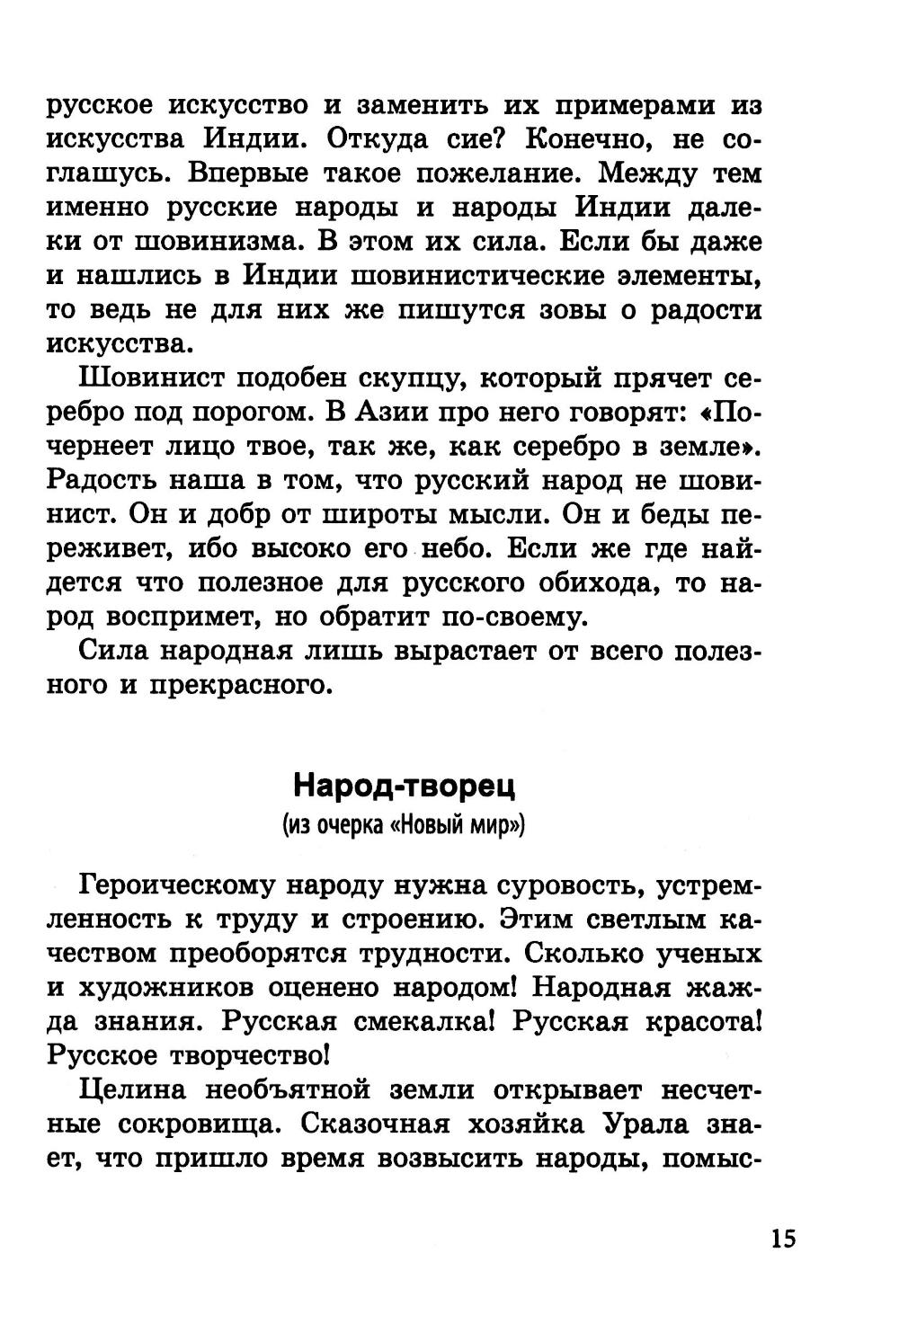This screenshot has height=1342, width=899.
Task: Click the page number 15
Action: (782, 1238)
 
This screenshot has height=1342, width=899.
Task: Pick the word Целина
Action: (134, 1090)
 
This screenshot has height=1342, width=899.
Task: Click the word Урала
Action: (646, 1124)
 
